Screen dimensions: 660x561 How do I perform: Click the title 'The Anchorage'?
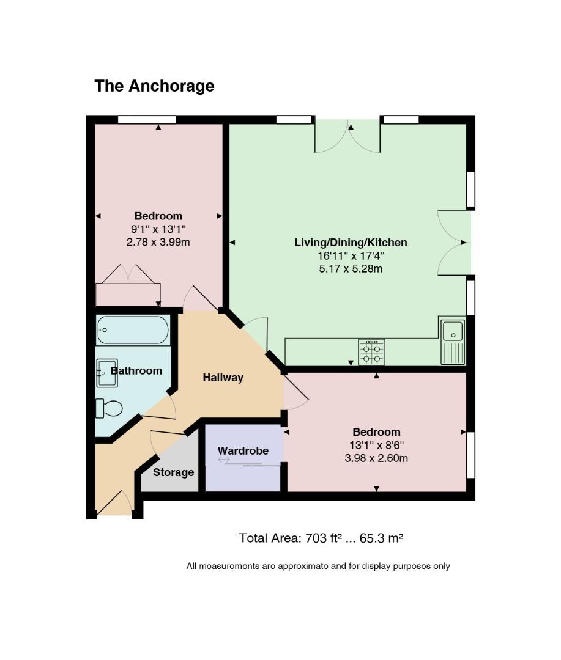pyautogui.click(x=154, y=86)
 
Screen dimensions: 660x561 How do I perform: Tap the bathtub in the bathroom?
pyautogui.click(x=132, y=330)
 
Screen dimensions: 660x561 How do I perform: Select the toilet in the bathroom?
pyautogui.click(x=109, y=408)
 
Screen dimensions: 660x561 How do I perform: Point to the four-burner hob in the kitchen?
pyautogui.click(x=371, y=352)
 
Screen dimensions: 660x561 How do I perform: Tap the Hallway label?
pyautogui.click(x=223, y=378)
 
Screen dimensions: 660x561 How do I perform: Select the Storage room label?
pyautogui.click(x=173, y=472)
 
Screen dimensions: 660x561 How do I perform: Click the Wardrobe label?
pyautogui.click(x=243, y=451)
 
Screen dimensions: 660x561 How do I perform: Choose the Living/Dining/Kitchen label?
pyautogui.click(x=351, y=243)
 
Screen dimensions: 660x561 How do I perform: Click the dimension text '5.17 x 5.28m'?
pyautogui.click(x=351, y=268)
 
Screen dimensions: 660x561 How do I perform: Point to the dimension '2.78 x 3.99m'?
pyautogui.click(x=158, y=242)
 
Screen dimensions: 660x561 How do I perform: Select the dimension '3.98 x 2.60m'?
pyautogui.click(x=376, y=458)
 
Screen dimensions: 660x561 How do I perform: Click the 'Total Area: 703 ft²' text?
pyautogui.click(x=321, y=538)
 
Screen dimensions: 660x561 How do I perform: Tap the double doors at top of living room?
pyautogui.click(x=347, y=136)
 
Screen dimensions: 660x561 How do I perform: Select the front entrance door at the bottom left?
pyautogui.click(x=114, y=504)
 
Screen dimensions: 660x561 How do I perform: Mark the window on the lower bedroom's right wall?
pyautogui.click(x=470, y=455)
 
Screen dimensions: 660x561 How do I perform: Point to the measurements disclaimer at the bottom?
pyautogui.click(x=318, y=566)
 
